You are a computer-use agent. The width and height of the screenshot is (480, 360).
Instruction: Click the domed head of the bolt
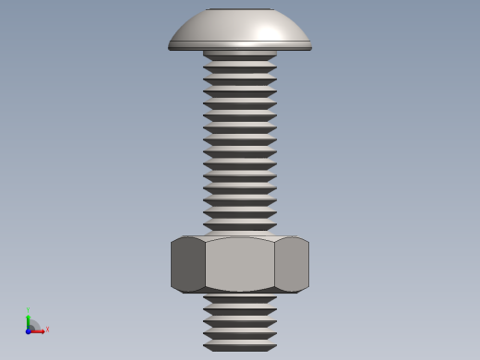click(239, 30)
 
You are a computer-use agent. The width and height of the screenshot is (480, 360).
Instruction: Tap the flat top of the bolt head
click(240, 9)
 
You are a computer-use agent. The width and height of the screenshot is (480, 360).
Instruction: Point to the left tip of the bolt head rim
click(170, 47)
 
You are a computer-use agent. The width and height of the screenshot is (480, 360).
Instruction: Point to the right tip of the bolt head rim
click(310, 47)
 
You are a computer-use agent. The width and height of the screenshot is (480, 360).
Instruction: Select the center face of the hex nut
click(240, 265)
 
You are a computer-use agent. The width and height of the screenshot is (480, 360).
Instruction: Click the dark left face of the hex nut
click(187, 265)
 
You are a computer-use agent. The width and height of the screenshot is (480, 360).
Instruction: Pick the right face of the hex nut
click(292, 265)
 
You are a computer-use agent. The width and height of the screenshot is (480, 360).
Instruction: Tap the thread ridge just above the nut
click(240, 226)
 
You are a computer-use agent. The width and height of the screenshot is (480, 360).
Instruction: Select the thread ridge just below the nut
click(240, 299)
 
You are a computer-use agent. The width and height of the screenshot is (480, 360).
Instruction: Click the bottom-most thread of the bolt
click(240, 347)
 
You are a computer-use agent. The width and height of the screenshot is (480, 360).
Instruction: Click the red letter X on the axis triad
click(47, 329)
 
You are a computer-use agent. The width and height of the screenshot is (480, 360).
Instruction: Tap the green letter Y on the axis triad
click(28, 310)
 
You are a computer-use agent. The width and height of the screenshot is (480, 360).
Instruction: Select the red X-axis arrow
click(39, 330)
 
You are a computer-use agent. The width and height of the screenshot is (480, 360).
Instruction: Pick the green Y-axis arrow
click(28, 320)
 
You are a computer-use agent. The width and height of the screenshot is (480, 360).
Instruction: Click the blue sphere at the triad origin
click(28, 330)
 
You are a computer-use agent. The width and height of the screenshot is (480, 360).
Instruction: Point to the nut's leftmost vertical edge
click(172, 265)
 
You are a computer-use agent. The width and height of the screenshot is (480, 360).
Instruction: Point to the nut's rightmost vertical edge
click(308, 265)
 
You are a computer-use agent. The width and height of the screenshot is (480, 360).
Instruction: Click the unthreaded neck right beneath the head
click(240, 54)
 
